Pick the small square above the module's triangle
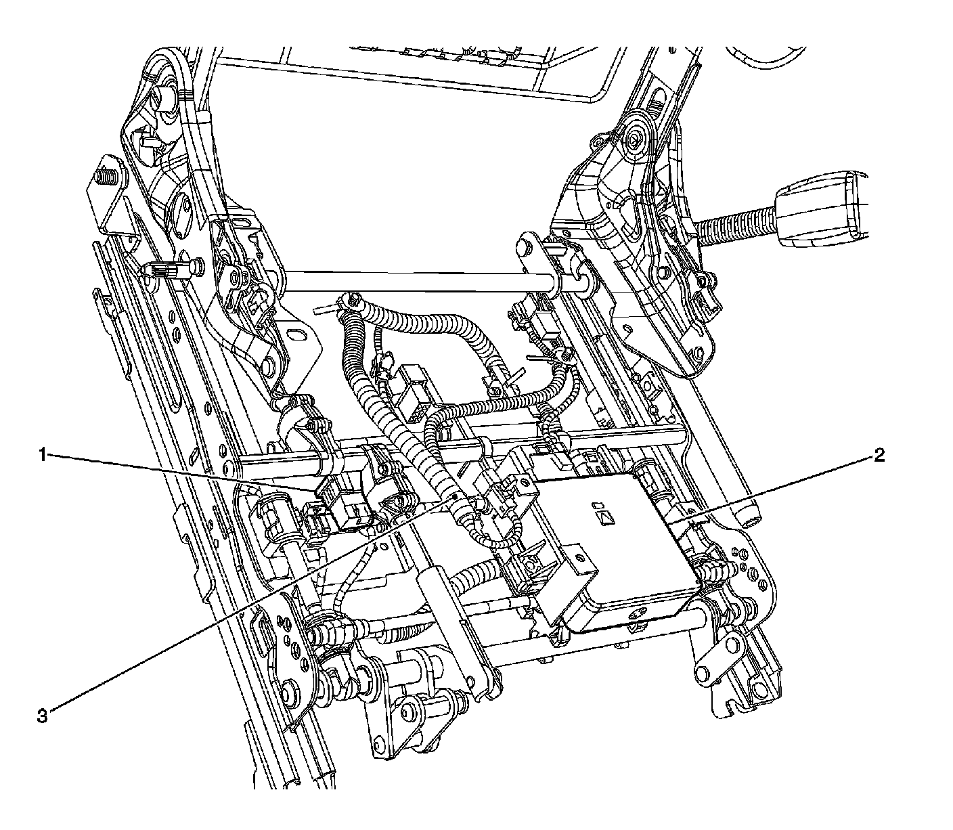tap(596, 504)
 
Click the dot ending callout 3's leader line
tap(455, 500)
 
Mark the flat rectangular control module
tap(623, 548)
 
